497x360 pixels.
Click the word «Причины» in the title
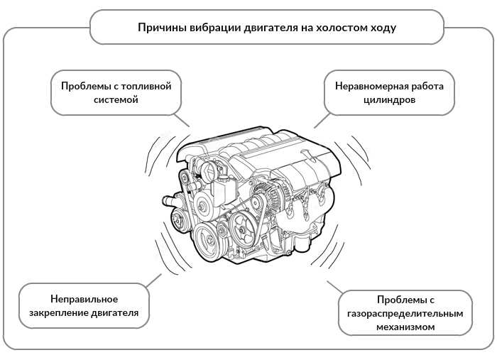click(159, 28)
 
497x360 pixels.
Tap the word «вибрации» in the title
click(209, 28)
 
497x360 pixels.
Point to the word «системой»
click(115, 100)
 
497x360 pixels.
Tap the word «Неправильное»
click(84, 298)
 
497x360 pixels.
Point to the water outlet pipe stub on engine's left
click(169, 202)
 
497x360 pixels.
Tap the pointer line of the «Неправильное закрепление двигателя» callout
click(151, 278)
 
